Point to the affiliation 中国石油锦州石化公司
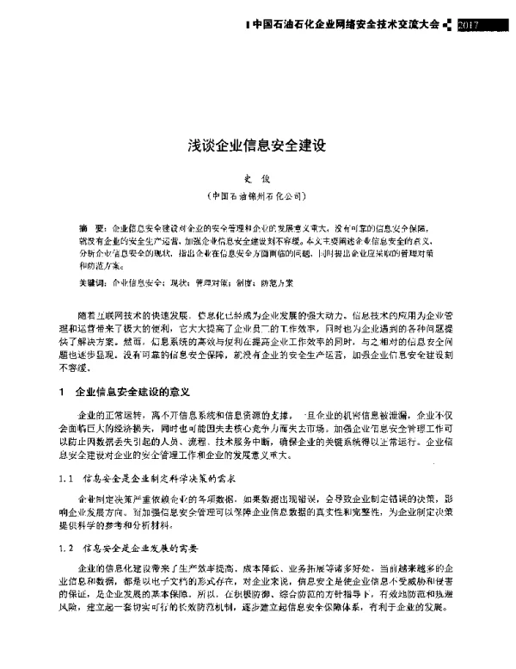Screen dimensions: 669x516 tap(258, 195)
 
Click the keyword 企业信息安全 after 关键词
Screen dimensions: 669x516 tap(139, 282)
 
